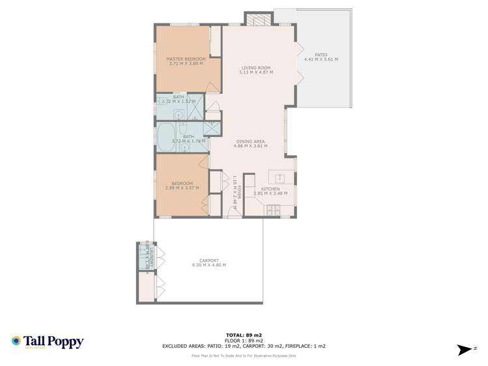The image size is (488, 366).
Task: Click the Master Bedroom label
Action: click(x=186, y=59)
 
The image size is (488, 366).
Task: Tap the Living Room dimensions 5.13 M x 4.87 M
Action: click(x=257, y=72)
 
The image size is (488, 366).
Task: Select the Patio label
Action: click(x=321, y=55)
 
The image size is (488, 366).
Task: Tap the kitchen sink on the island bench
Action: click(x=279, y=178)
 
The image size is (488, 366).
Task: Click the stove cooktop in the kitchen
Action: click(x=272, y=210)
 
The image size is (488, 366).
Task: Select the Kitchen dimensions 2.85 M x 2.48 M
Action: click(x=270, y=193)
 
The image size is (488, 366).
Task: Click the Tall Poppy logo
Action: click(x=48, y=342)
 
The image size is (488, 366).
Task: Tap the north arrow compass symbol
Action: click(x=465, y=350)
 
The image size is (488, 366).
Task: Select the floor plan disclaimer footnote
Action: click(x=244, y=356)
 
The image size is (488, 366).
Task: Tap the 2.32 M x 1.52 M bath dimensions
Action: click(x=179, y=102)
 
